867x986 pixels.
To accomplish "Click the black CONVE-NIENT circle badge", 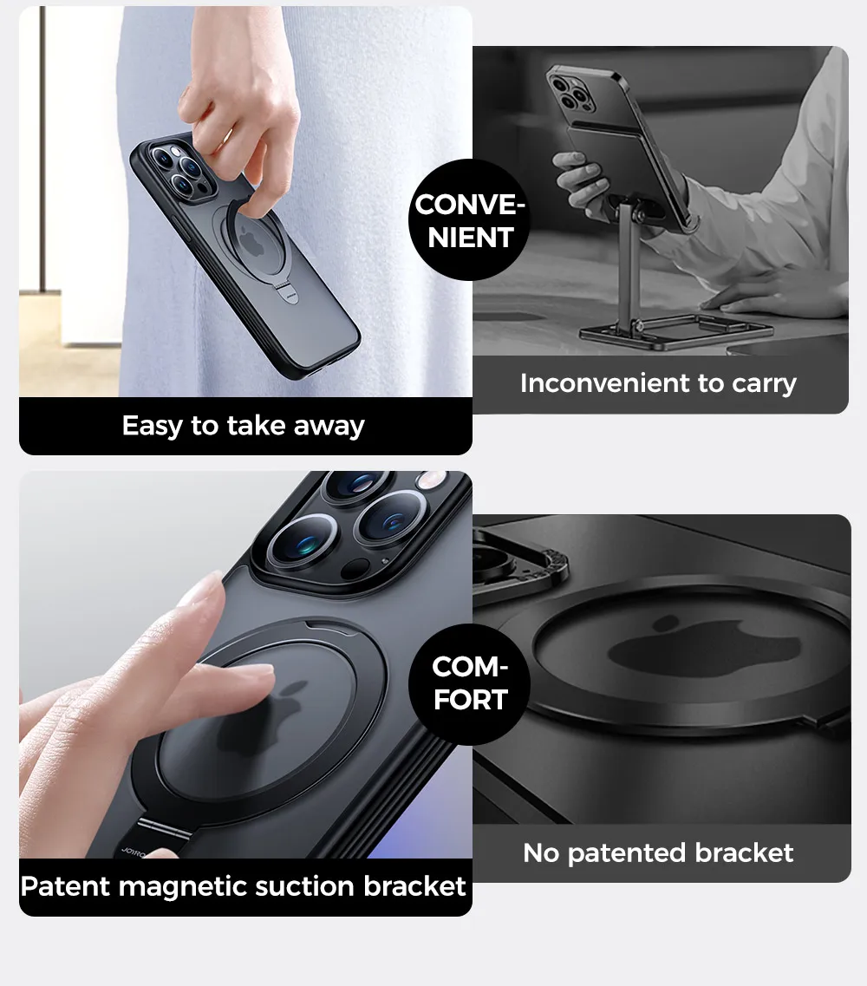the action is coord(469,220).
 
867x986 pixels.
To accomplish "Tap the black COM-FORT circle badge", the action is coord(469,683).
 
